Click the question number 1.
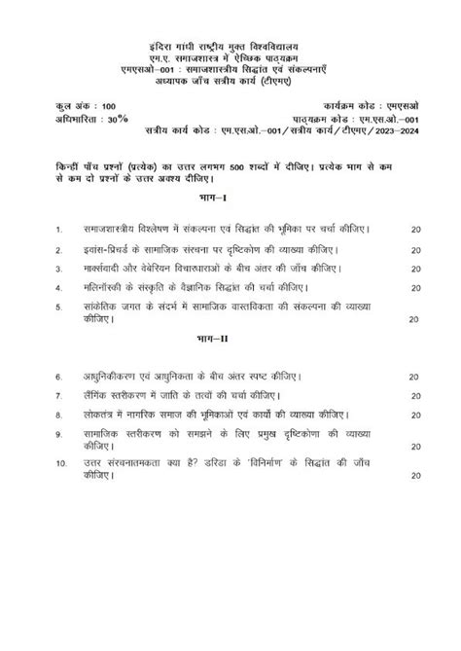point(59,230)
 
